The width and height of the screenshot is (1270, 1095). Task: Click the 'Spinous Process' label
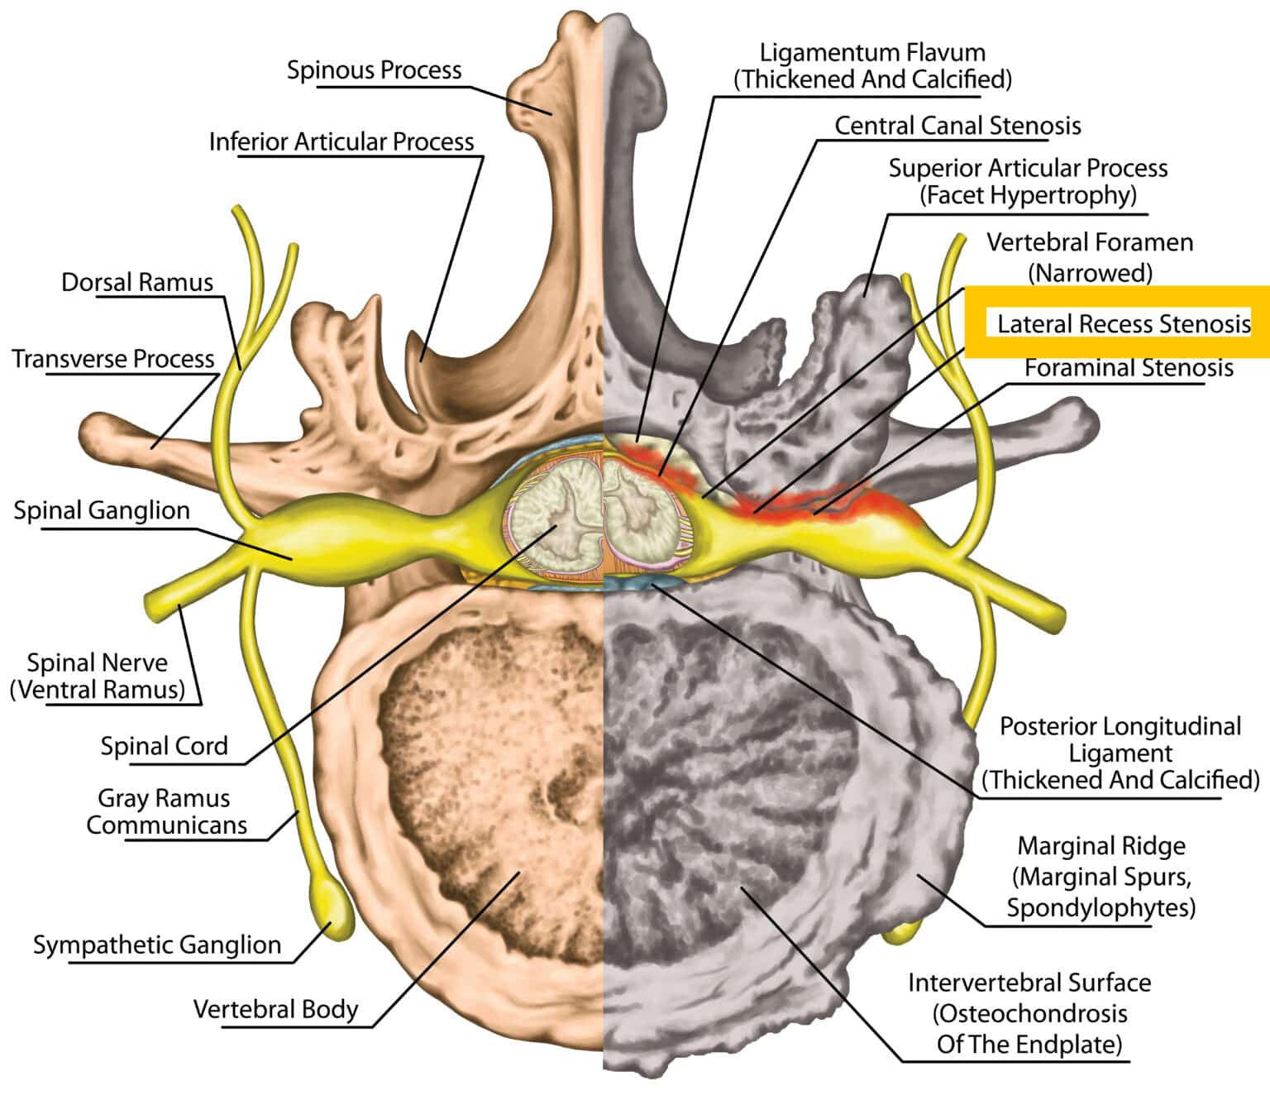click(x=374, y=70)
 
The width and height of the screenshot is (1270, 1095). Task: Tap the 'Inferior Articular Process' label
click(x=341, y=142)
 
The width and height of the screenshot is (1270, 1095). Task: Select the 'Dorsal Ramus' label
click(x=137, y=283)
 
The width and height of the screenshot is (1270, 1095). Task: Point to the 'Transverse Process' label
click(x=113, y=359)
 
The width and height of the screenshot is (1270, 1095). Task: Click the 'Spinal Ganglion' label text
click(x=102, y=510)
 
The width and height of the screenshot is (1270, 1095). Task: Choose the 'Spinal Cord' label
click(x=164, y=746)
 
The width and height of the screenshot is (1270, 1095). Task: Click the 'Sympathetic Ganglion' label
click(x=157, y=944)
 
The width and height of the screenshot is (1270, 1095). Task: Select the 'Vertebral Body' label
click(x=275, y=1009)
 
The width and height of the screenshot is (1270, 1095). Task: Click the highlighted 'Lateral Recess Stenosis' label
click(x=1124, y=323)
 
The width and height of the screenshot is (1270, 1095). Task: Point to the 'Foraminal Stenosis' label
click(x=1129, y=368)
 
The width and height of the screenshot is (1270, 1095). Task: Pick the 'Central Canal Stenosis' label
click(x=957, y=126)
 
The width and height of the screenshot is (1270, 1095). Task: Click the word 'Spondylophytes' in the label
click(x=1101, y=907)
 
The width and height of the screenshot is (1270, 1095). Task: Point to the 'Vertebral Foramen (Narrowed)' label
click(x=1090, y=256)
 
